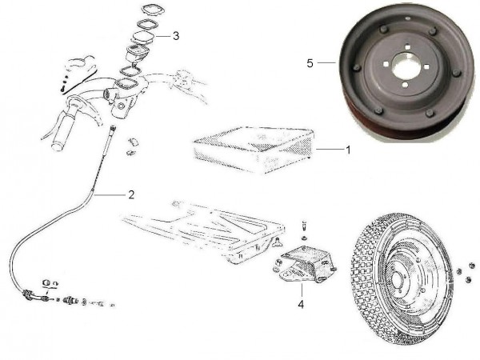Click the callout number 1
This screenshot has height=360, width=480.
point(348,150)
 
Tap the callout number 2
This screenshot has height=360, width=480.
point(131,194)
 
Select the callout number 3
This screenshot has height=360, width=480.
point(176,36)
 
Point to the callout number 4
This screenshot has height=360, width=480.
point(301,304)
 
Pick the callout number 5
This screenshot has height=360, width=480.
point(310,63)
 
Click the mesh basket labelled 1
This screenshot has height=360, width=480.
point(254,150)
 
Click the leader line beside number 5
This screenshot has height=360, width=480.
point(326,62)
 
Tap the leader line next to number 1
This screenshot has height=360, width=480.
point(330,150)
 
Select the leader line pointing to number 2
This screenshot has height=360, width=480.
point(110,194)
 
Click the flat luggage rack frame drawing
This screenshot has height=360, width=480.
point(202,231)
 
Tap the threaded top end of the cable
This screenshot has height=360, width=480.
point(114,129)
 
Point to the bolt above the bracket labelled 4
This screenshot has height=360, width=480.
point(304,226)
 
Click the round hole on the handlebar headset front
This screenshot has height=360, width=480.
point(122,106)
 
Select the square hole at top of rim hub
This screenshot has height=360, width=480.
point(407,47)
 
